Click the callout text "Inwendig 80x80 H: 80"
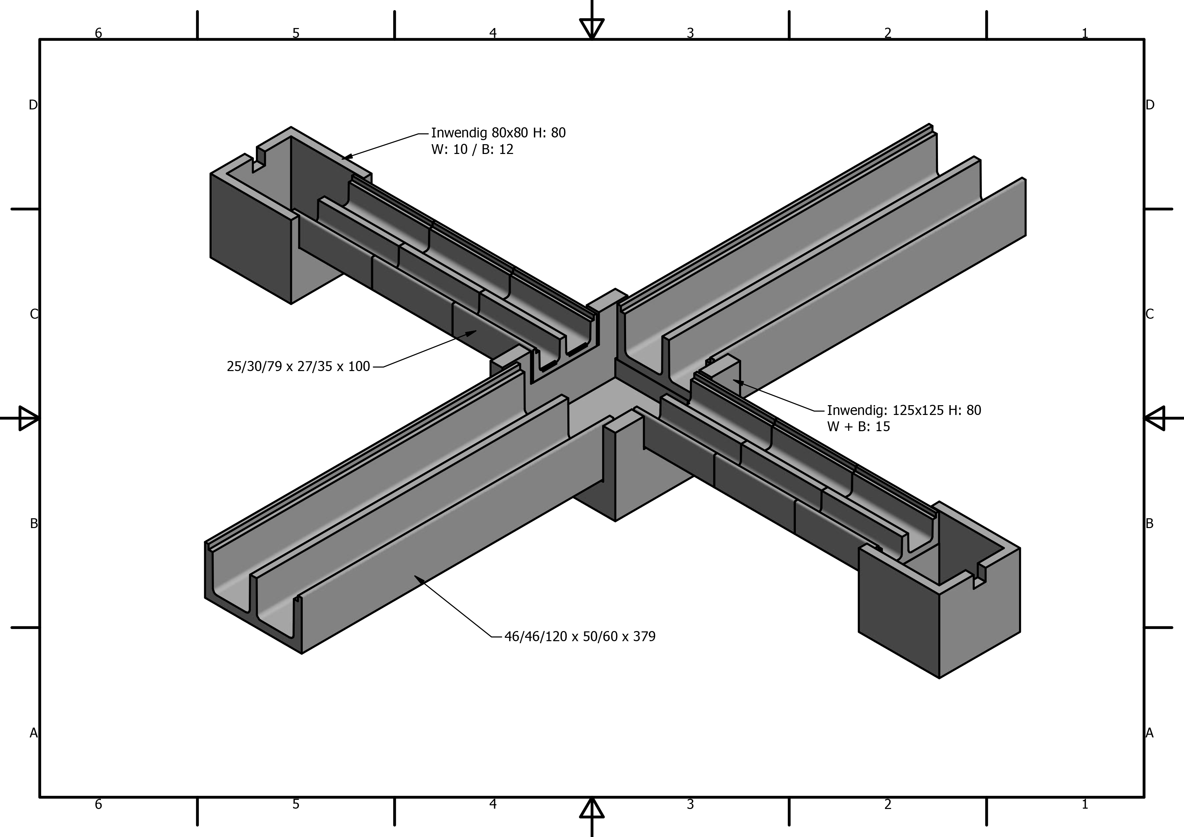point(498,133)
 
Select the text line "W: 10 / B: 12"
point(473,150)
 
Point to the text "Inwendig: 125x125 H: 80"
point(904,411)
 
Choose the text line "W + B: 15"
point(859,426)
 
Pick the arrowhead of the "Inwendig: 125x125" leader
point(738,383)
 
